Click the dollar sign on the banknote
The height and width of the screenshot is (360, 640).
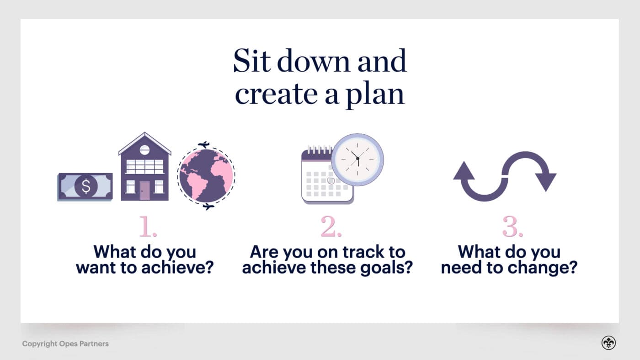86,186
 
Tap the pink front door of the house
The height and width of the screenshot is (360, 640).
144,191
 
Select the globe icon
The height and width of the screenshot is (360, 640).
206,175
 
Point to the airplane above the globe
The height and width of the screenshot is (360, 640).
204,145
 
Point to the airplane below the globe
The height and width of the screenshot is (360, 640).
208,206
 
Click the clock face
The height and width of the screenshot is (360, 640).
357,159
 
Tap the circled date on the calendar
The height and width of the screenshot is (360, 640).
331,180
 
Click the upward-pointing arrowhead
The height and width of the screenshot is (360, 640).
464,170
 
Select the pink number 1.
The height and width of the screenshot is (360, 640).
148,226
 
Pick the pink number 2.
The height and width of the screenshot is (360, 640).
331,226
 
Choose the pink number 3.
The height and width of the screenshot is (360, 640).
512,226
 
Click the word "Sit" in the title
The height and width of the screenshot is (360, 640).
252,60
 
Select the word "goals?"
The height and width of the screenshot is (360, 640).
387,268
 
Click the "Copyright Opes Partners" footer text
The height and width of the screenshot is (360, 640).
65,344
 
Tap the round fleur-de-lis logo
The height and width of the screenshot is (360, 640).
608,343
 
